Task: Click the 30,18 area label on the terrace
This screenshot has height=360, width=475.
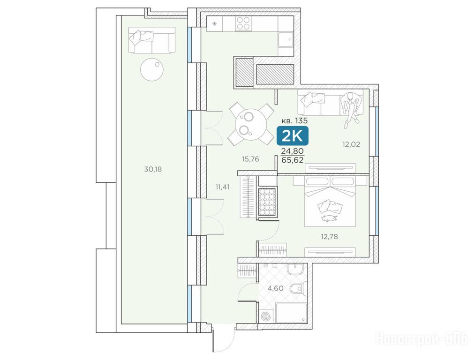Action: pyautogui.click(x=153, y=169)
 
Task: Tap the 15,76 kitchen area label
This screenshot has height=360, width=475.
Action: pyautogui.click(x=250, y=159)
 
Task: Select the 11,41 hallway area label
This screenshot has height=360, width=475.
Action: pyautogui.click(x=223, y=187)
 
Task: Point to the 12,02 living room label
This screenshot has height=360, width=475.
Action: pyautogui.click(x=351, y=144)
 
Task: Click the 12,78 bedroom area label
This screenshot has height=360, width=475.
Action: pyautogui.click(x=329, y=236)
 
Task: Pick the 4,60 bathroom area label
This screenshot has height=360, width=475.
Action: pyautogui.click(x=275, y=288)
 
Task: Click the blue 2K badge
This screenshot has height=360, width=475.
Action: pyautogui.click(x=292, y=136)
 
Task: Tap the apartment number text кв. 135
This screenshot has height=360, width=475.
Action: pyautogui.click(x=294, y=120)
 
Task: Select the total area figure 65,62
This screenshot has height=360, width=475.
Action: pyautogui.click(x=292, y=160)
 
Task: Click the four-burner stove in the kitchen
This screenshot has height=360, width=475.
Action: pyautogui.click(x=243, y=23)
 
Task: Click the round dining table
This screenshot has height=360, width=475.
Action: pyautogui.click(x=251, y=124)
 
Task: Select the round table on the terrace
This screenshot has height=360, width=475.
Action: pyautogui.click(x=152, y=69)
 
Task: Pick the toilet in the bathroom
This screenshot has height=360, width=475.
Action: pyautogui.click(x=297, y=289)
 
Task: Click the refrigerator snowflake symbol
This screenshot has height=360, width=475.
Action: pyautogui.click(x=214, y=23)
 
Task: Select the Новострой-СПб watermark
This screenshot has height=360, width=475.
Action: pyautogui.click(x=422, y=339)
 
